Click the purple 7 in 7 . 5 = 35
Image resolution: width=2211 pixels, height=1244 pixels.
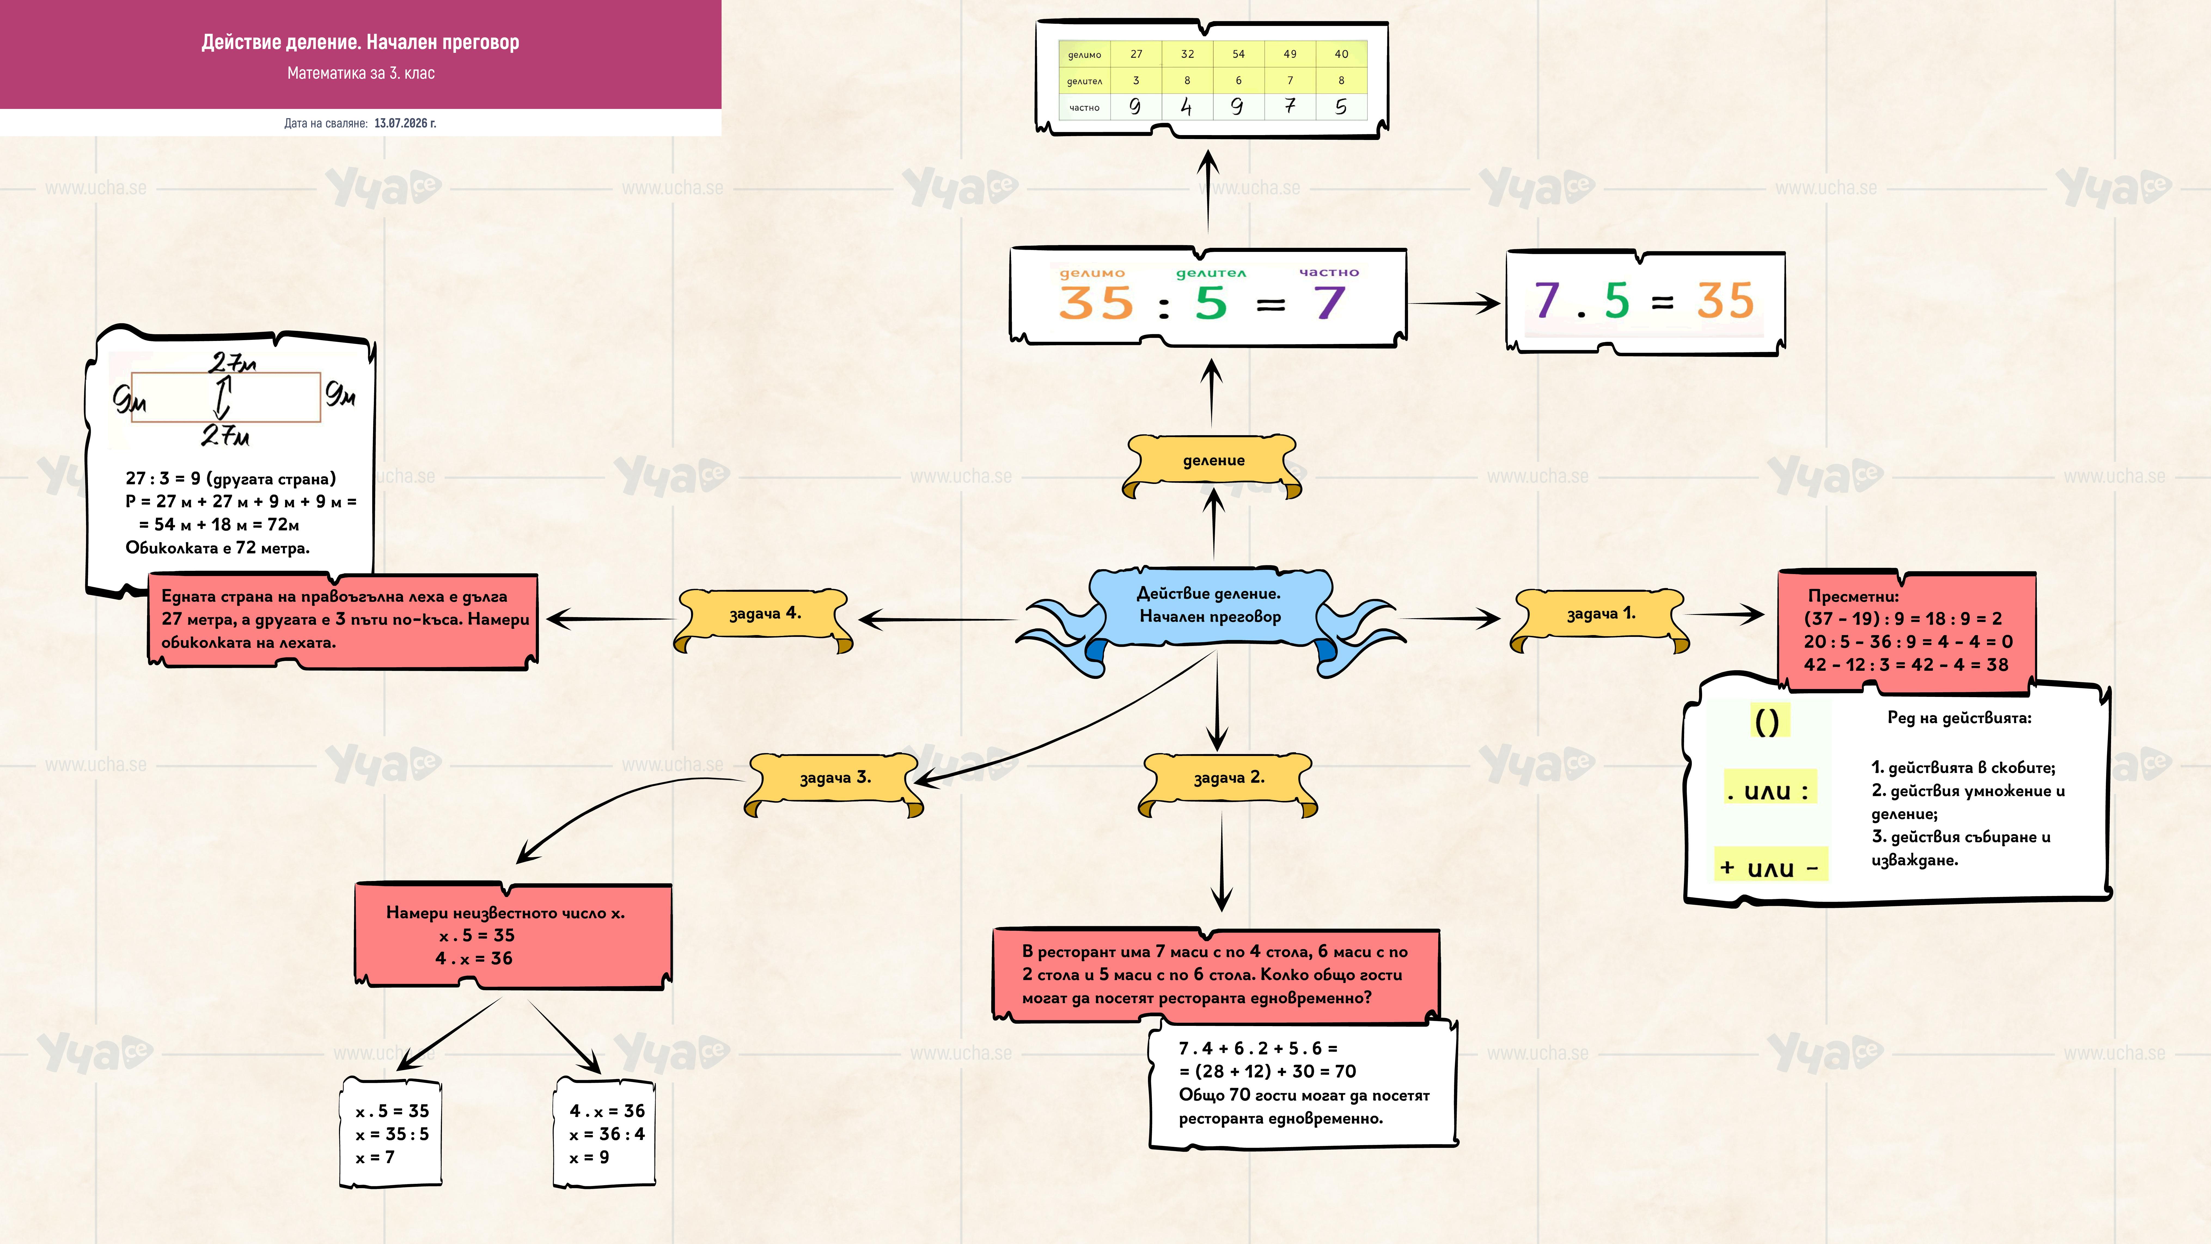[1547, 300]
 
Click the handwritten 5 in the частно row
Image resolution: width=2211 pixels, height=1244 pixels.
[1341, 106]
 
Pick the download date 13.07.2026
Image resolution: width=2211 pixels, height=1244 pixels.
[405, 123]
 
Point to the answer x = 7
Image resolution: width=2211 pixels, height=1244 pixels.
[375, 1157]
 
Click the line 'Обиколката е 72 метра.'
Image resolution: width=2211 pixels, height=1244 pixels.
[217, 548]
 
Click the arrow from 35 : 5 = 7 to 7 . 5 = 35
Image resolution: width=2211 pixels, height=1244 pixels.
[1454, 303]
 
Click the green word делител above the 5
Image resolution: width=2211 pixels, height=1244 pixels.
[1210, 273]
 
